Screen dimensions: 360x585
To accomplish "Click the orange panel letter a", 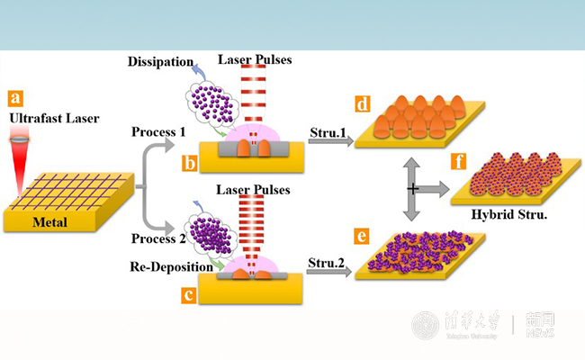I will pos(14,97).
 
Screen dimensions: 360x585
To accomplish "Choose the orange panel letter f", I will pos(459,164).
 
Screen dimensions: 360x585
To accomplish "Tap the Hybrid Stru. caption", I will pos(508,217).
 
